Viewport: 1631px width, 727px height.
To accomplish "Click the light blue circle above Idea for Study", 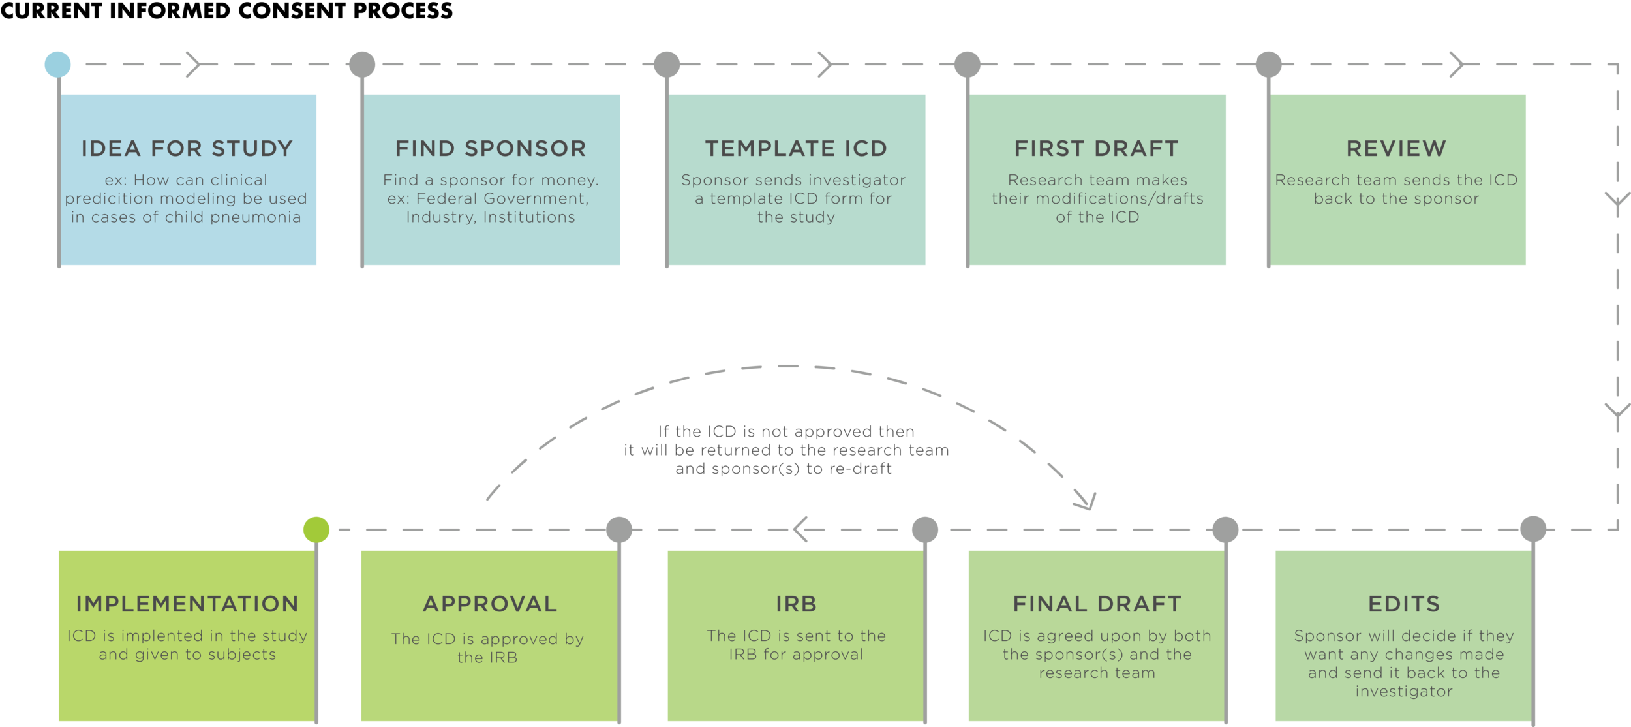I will coord(57,64).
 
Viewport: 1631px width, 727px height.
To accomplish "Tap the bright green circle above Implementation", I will coord(316,529).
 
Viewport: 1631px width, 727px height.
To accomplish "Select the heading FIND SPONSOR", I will coord(491,149).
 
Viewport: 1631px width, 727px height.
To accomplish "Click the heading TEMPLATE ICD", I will coord(796,149).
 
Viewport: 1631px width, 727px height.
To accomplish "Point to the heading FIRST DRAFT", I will coord(1097,149).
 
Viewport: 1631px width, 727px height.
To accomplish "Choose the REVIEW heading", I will coord(1396,149).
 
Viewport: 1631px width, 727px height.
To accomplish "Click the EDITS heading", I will coord(1404,604).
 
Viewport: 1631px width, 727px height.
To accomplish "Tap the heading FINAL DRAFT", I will coord(1097,604).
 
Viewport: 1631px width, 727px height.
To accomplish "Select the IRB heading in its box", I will coord(796,604).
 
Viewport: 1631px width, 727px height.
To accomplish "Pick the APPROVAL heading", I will coord(490,604).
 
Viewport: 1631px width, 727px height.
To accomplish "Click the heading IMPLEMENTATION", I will coord(187,604).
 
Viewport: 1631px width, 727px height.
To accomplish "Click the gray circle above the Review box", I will coord(1268,64).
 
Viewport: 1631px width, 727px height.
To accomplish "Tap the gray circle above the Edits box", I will coord(1533,529).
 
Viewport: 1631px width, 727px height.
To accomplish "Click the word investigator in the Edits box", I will coord(1404,691).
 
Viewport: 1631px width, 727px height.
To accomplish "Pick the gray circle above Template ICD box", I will coord(667,64).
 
